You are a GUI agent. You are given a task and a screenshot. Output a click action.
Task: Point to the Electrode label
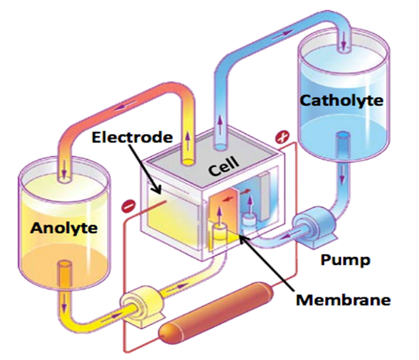[131, 138]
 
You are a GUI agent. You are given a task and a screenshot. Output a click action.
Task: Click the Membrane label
[343, 300]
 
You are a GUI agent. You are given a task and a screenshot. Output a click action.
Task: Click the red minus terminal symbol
[127, 204]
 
